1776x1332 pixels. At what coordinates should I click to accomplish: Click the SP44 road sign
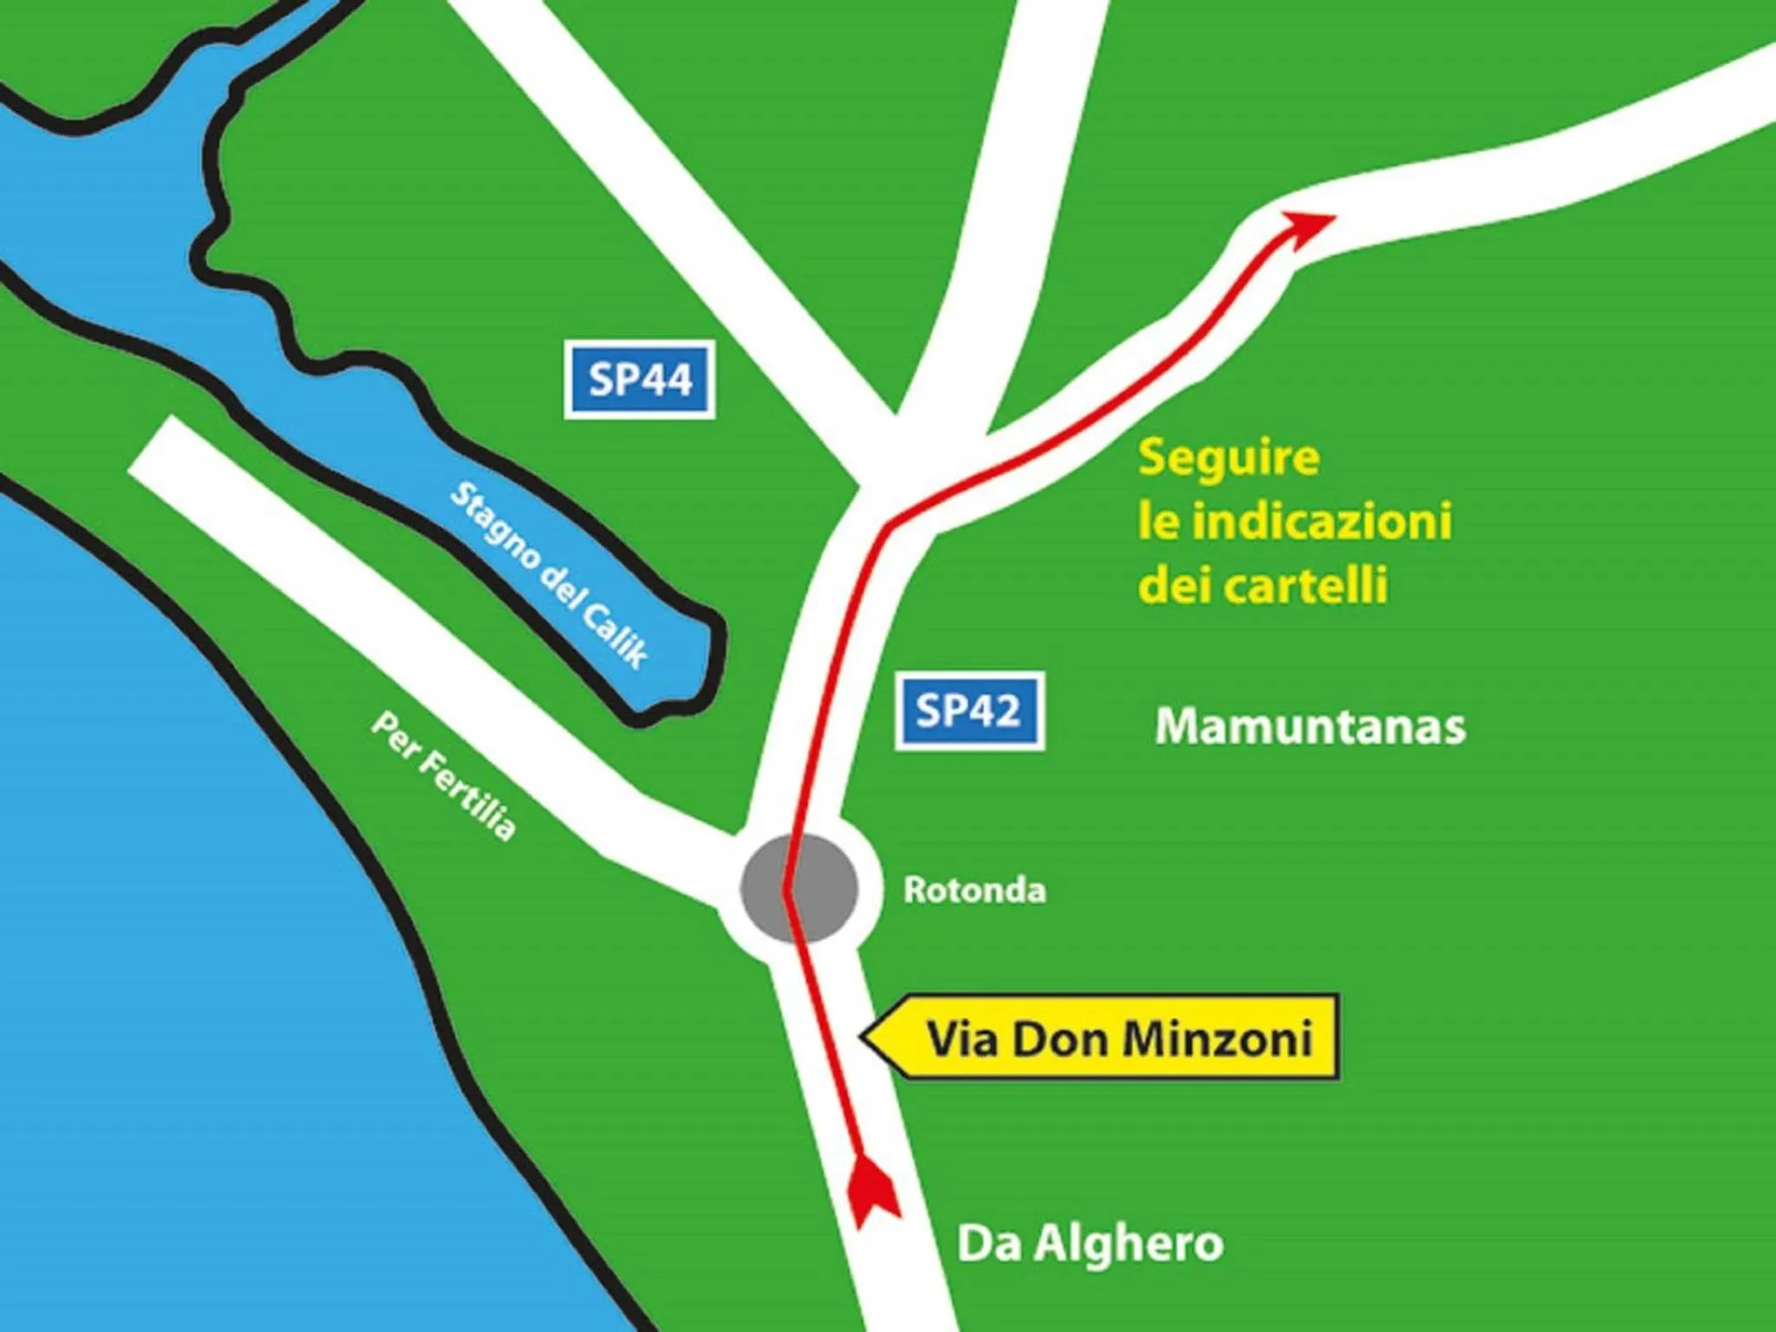[640, 380]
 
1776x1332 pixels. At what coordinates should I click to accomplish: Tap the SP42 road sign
[970, 711]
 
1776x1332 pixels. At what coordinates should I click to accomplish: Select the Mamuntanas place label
[1310, 727]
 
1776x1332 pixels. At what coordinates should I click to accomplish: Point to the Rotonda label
[975, 891]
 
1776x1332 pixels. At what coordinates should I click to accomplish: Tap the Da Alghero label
[1090, 1244]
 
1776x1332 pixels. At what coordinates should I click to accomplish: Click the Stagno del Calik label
[549, 575]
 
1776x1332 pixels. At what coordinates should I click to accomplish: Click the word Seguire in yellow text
[1229, 458]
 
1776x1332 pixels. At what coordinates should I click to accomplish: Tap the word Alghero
[1128, 1244]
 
